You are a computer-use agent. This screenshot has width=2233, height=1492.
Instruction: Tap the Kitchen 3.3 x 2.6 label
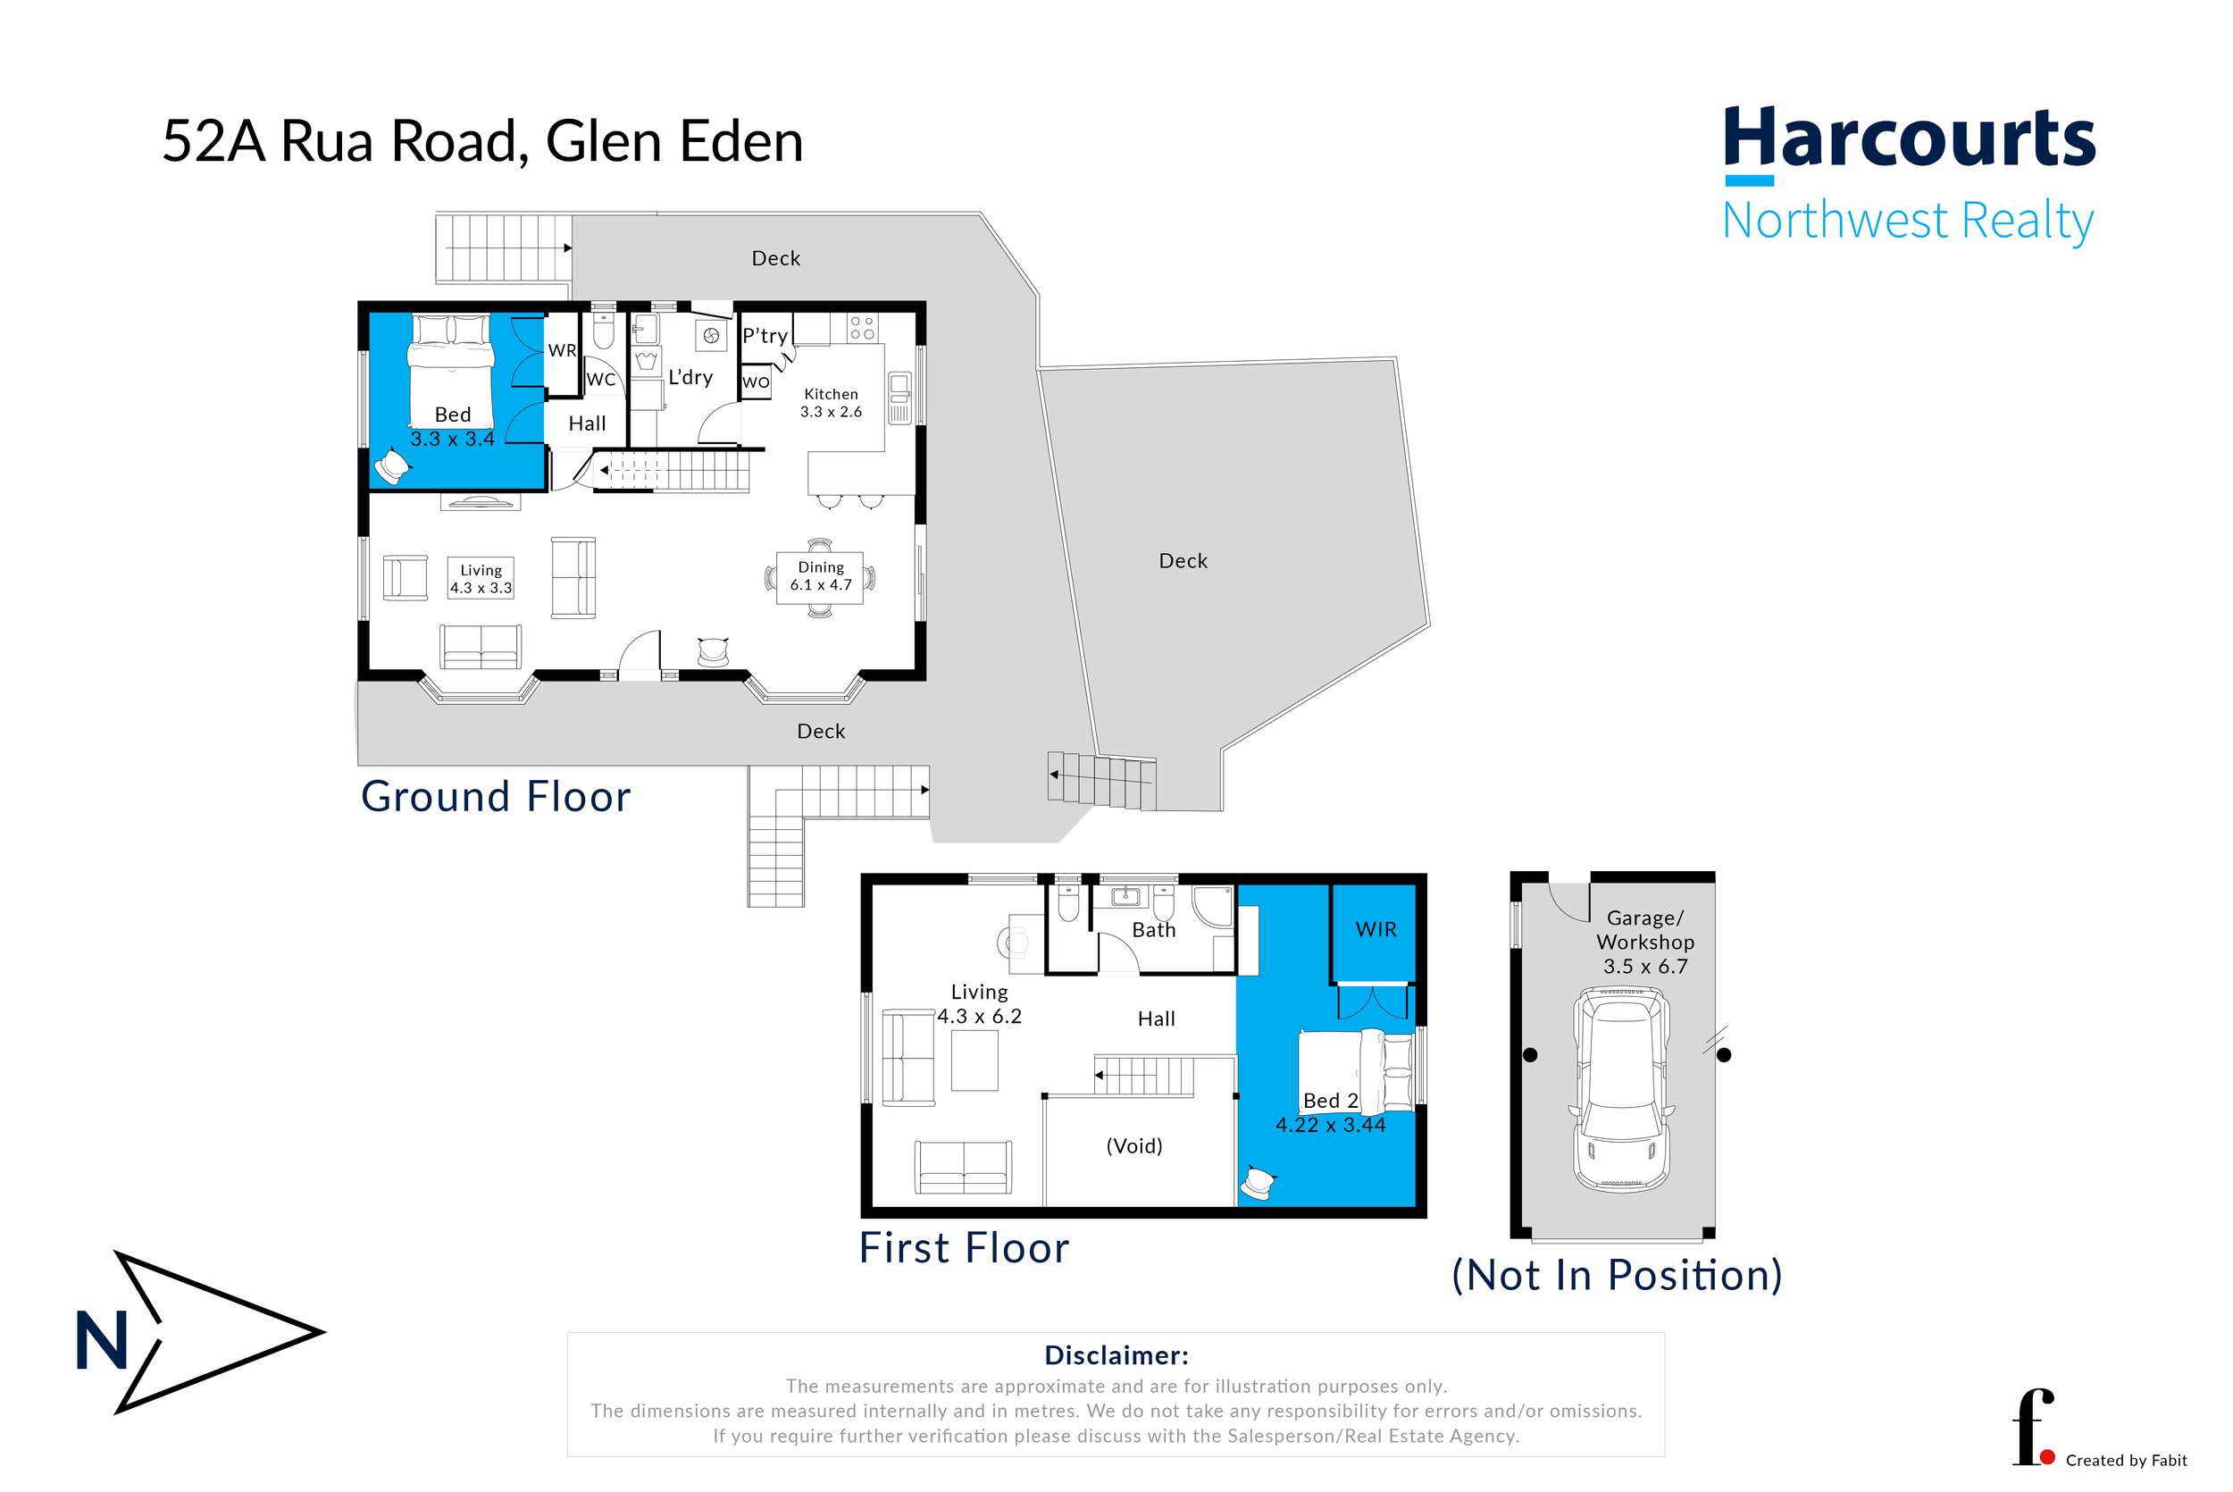pyautogui.click(x=831, y=403)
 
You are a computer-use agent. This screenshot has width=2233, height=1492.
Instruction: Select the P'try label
pyautogui.click(x=765, y=336)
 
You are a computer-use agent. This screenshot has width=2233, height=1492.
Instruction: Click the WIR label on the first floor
pyautogui.click(x=1376, y=930)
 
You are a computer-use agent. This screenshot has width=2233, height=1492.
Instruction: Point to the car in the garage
pyautogui.click(x=1621, y=1089)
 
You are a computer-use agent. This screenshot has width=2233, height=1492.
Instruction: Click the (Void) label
pyautogui.click(x=1133, y=1145)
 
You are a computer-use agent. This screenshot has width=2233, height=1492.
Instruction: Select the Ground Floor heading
pyautogui.click(x=496, y=796)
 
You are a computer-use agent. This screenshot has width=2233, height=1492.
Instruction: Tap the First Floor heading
pyautogui.click(x=964, y=1248)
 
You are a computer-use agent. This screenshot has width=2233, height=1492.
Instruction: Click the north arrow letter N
pyautogui.click(x=101, y=1342)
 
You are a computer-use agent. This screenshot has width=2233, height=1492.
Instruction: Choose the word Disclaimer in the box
pyautogui.click(x=1116, y=1355)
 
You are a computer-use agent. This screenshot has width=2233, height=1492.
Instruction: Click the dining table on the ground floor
pyautogui.click(x=820, y=577)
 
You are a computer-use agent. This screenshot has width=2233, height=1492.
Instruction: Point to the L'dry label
pyautogui.click(x=690, y=377)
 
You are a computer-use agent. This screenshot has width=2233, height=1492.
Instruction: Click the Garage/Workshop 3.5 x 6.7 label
pyautogui.click(x=1644, y=942)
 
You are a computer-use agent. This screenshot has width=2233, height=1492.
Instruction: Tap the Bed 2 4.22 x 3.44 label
pyautogui.click(x=1330, y=1112)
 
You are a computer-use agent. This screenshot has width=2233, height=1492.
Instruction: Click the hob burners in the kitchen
pyautogui.click(x=862, y=328)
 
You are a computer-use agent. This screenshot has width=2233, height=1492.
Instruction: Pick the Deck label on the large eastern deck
pyautogui.click(x=1182, y=561)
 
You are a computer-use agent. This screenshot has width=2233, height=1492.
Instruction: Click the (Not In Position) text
pyautogui.click(x=1616, y=1275)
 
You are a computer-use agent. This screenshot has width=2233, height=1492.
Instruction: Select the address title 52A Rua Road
pyautogui.click(x=482, y=142)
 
